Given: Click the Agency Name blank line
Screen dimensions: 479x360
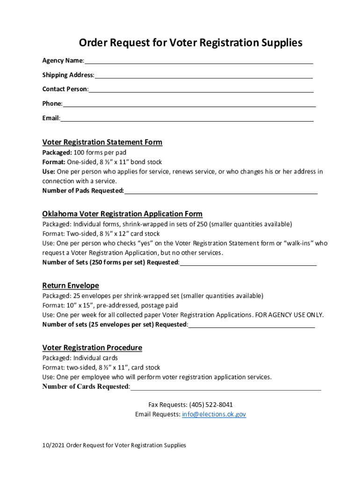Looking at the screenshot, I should pos(199,61).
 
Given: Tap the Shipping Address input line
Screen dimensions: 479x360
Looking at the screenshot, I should pos(203,75).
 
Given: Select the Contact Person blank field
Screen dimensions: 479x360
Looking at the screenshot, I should pos(201,90).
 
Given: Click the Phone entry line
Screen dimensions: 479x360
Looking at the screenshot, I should pos(189,104).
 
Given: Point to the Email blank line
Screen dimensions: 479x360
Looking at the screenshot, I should pos(187,118).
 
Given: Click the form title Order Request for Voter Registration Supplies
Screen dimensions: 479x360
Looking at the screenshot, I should pos(190,43).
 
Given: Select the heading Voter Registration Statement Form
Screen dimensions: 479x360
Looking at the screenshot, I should pos(102,142).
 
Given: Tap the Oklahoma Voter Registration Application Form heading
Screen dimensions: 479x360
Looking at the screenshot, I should pos(122,214).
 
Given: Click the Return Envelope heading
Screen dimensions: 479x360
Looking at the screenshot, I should pos(71,285).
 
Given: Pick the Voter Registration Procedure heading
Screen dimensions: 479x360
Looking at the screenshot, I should pos(92,348).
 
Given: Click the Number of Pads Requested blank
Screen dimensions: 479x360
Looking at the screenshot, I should pos(221,191).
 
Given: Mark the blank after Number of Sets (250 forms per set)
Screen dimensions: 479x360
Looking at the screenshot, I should pos(248,262).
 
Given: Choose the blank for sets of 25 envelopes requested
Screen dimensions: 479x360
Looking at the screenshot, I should pos(252,325).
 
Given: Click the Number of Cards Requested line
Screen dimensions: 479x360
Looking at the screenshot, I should pos(226,387).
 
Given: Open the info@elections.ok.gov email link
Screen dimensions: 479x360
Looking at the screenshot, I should pos(214,414).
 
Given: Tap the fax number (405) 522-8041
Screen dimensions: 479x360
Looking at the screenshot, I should pos(211,405).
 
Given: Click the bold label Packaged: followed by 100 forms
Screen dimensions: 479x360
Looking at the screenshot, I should pos(57,152).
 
